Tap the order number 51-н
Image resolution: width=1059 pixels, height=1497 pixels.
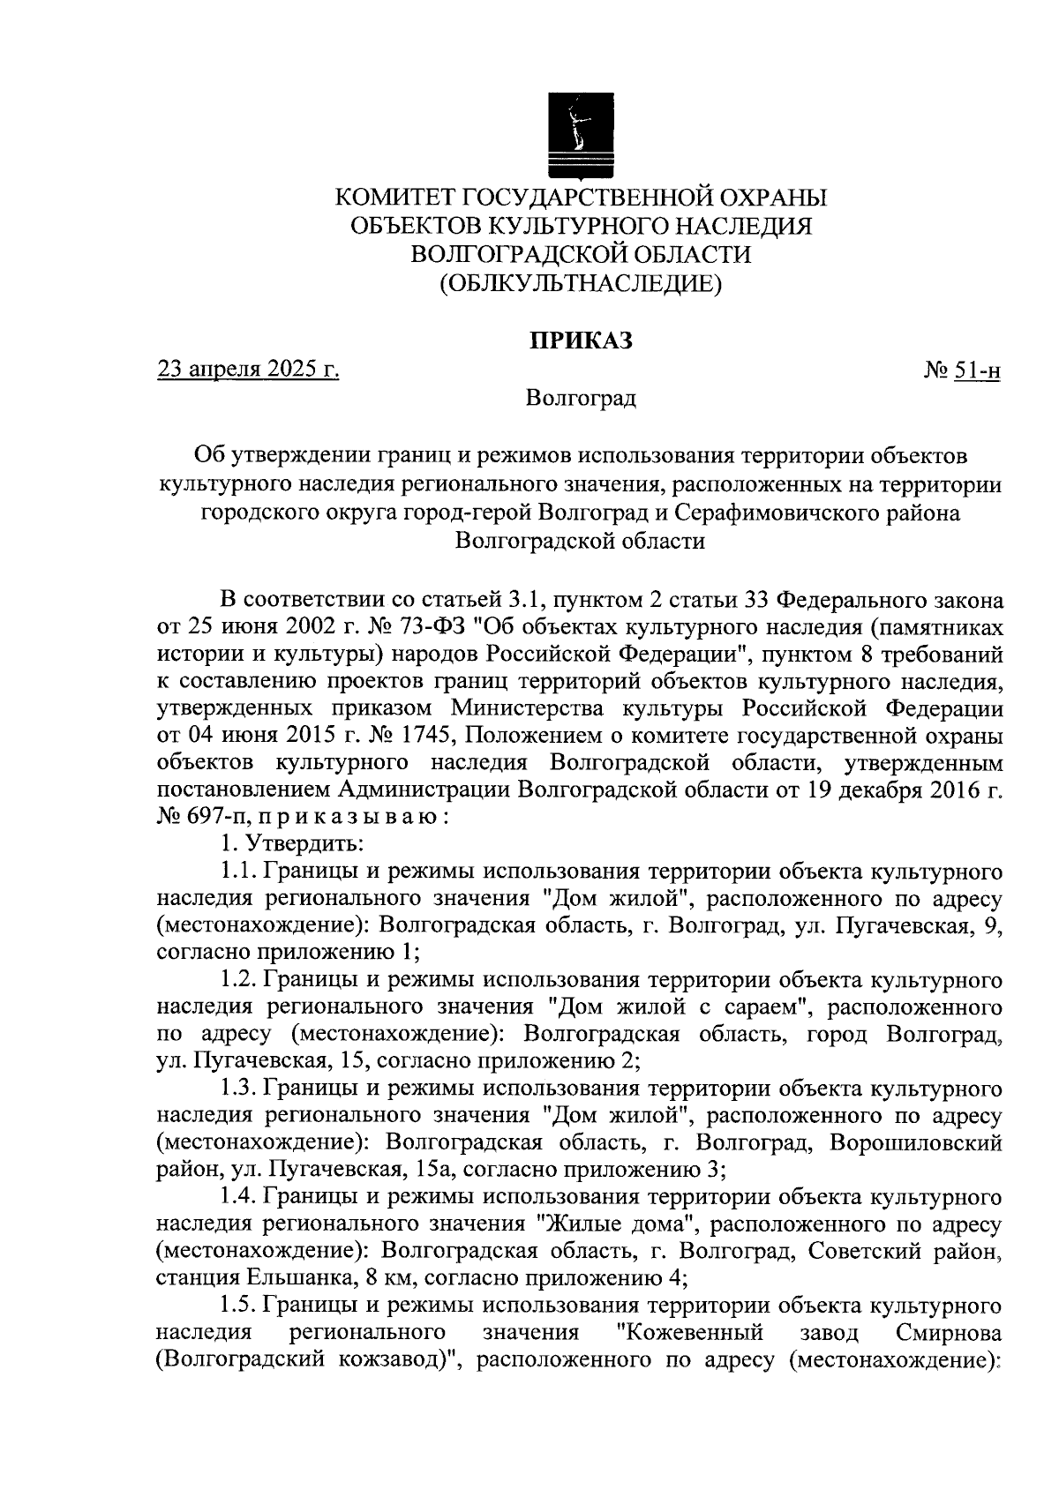click(x=976, y=371)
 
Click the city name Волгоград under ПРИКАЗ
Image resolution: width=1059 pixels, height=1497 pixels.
click(x=581, y=399)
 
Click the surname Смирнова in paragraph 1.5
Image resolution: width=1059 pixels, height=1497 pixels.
click(x=948, y=1334)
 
